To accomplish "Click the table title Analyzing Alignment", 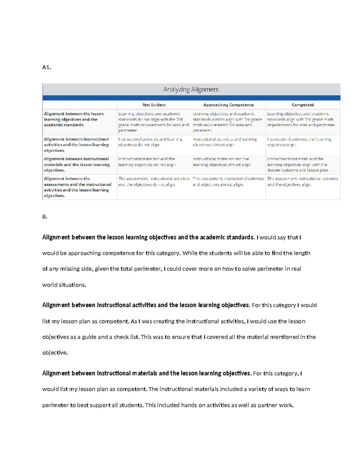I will (x=191, y=89).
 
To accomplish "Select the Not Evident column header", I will (x=154, y=105).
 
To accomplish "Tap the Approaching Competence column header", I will (x=228, y=105).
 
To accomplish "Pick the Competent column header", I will (x=303, y=105).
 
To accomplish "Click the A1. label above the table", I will (x=46, y=67).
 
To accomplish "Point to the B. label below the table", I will (x=45, y=217).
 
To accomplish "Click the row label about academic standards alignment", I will (x=73, y=119).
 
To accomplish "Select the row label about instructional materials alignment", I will (x=76, y=164).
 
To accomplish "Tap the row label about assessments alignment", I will (x=77, y=187).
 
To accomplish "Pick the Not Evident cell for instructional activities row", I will (x=150, y=142).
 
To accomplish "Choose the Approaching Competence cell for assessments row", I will (x=228, y=182).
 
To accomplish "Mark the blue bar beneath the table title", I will (x=191, y=98).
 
